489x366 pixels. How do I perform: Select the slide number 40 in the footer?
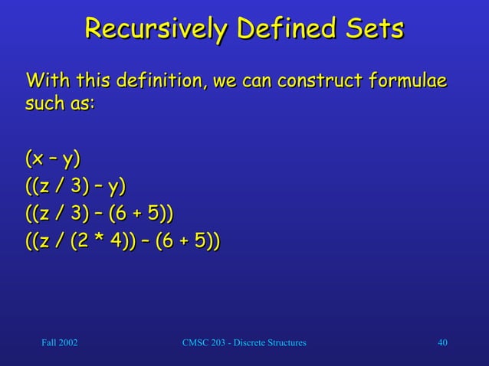coord(442,342)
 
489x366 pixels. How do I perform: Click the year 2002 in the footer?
coord(65,342)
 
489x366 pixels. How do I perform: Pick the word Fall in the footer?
coord(41,342)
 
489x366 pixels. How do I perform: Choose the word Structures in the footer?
coord(282,342)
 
